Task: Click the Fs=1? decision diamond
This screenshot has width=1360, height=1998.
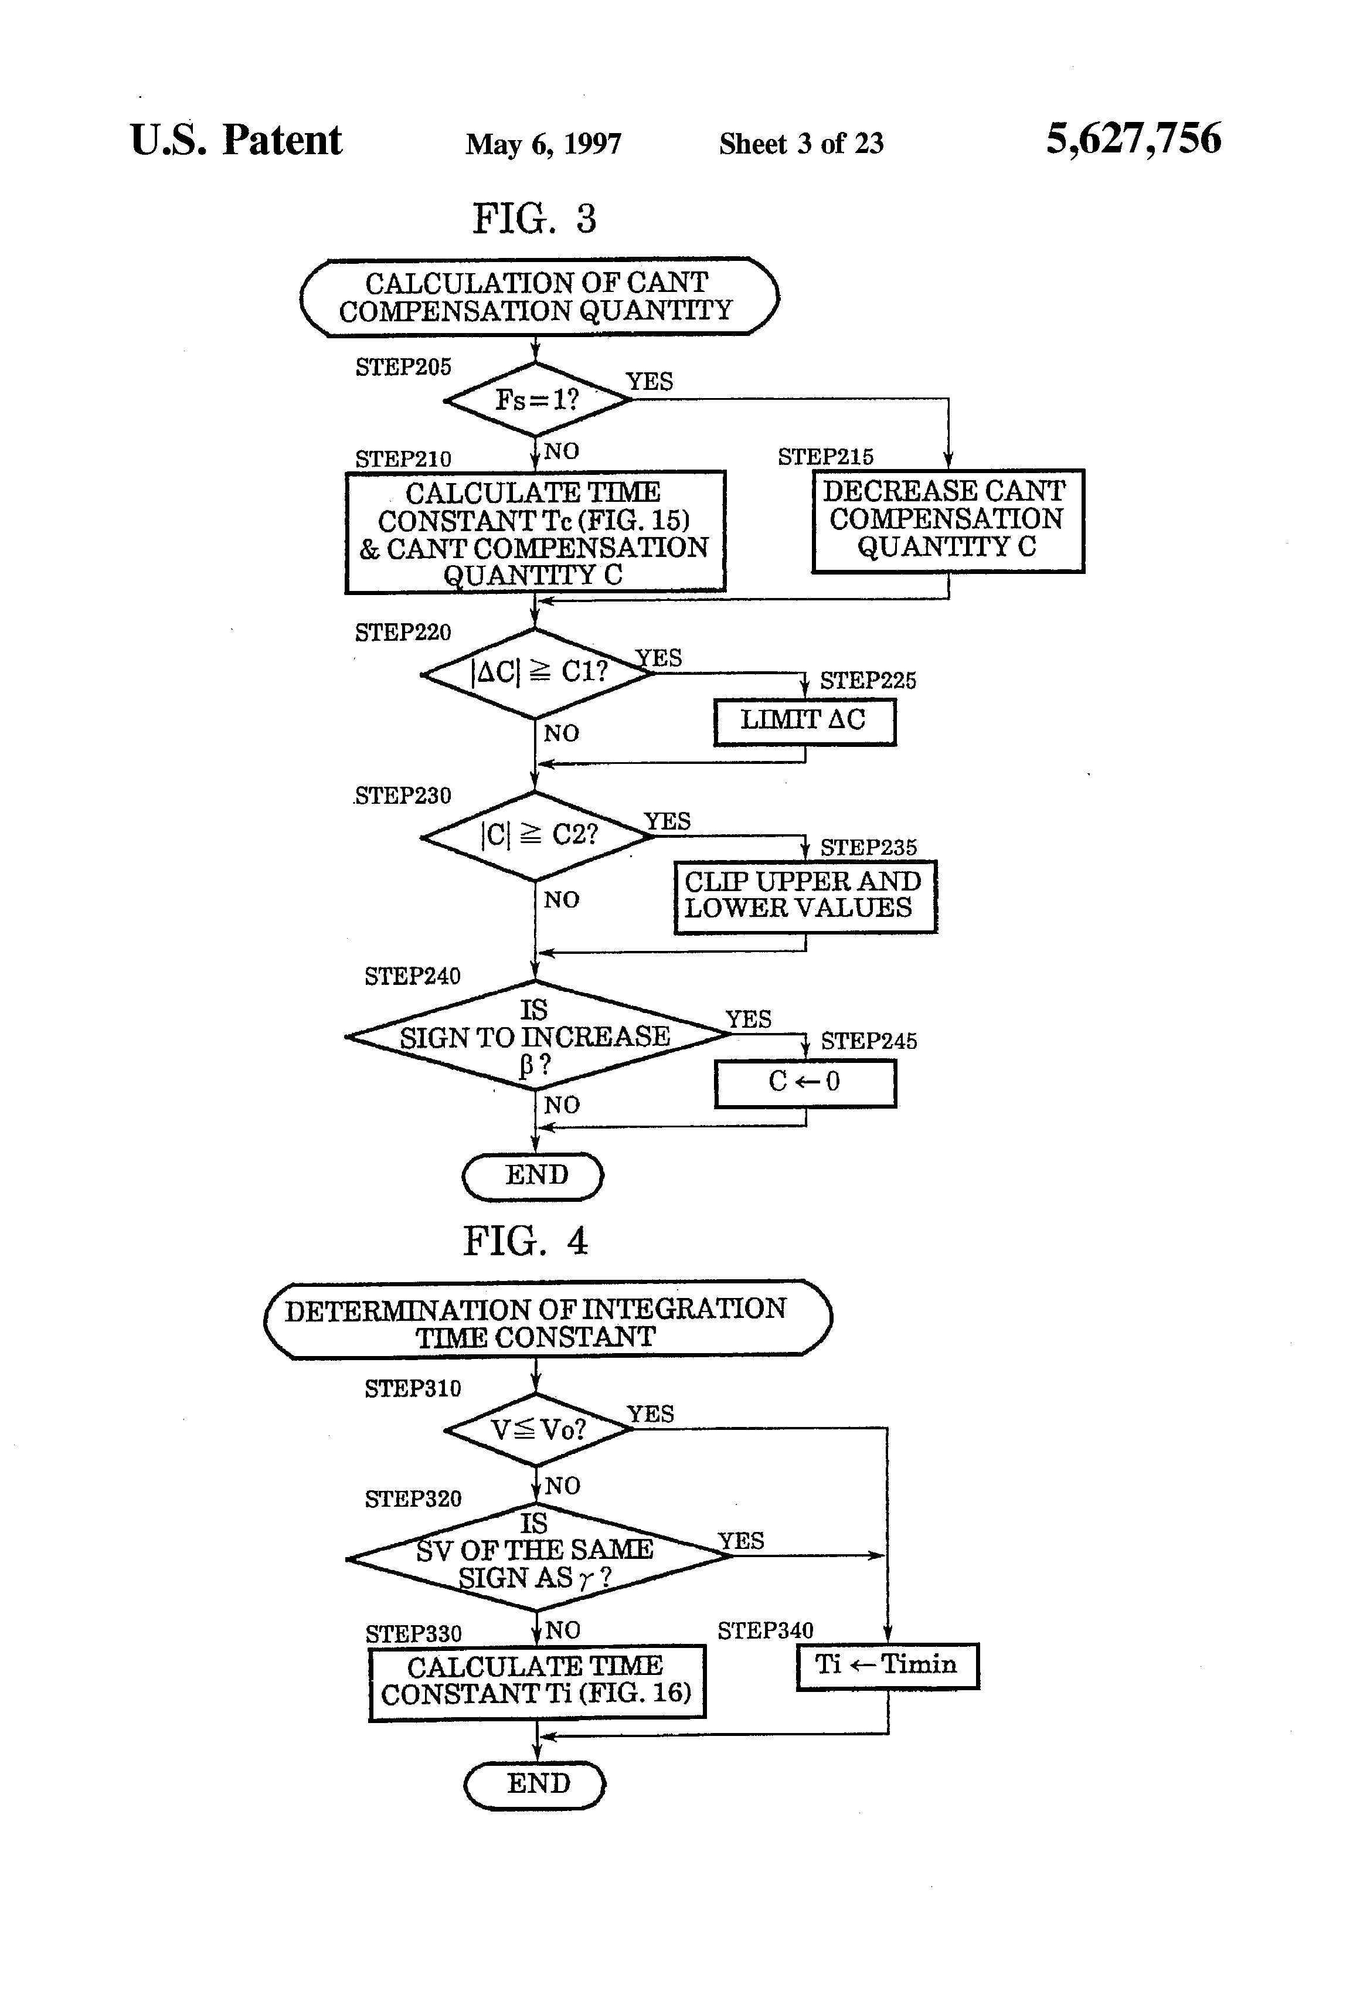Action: tap(536, 399)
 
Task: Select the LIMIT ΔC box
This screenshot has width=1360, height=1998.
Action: tap(804, 721)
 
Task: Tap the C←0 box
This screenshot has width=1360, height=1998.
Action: tap(805, 1082)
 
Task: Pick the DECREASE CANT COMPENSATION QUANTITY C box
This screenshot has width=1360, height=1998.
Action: tap(947, 520)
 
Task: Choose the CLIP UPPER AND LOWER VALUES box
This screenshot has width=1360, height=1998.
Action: tap(805, 896)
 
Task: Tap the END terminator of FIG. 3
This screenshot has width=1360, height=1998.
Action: tap(533, 1175)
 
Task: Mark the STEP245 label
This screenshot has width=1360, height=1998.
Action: tap(868, 1041)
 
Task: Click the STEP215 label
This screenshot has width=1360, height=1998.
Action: tap(825, 457)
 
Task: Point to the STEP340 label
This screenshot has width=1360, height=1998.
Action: tap(765, 1630)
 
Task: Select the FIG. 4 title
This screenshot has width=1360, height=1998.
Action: tap(525, 1241)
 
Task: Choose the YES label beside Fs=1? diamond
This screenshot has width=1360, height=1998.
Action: tap(649, 381)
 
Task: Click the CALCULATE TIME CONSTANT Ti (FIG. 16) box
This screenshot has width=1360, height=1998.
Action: tap(536, 1681)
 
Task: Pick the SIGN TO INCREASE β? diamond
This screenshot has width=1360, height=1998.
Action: tap(535, 1036)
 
